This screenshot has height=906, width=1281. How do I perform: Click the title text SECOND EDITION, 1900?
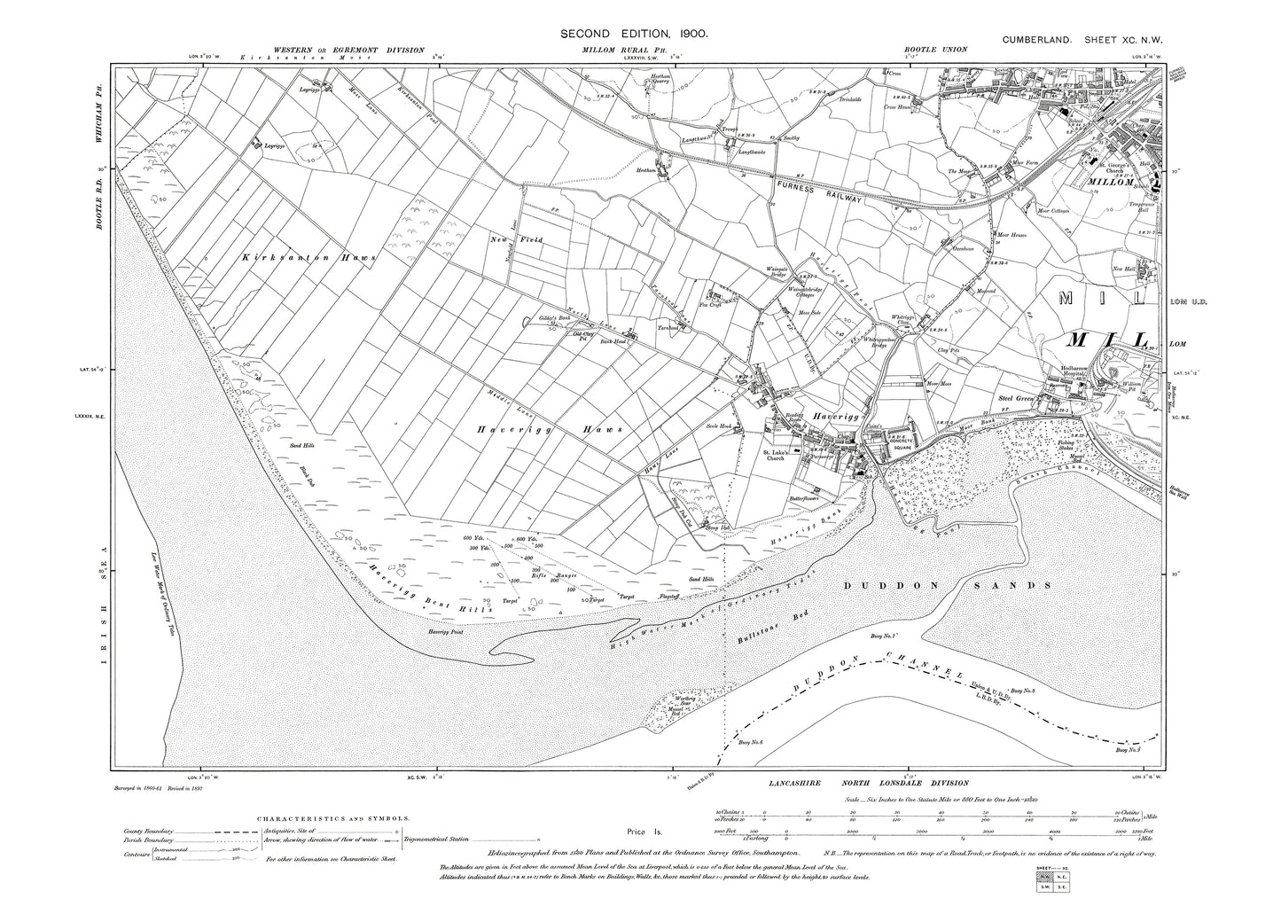pos(633,33)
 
